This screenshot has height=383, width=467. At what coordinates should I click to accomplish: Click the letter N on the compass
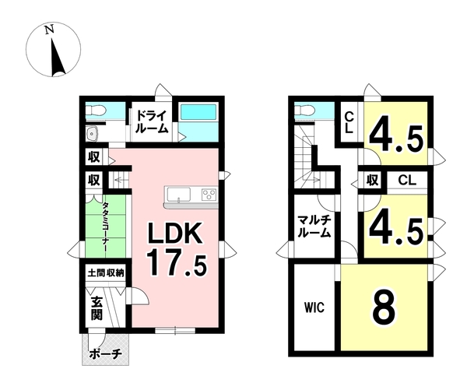click(x=50, y=30)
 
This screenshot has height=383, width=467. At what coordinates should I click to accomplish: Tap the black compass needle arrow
click(x=57, y=58)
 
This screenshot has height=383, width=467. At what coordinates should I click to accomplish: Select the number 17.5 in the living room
click(x=177, y=262)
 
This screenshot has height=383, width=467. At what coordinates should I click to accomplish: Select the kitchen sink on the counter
click(x=179, y=195)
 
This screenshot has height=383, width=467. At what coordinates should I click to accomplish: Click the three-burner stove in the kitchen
click(x=209, y=195)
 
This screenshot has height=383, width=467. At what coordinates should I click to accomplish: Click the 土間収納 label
click(x=106, y=273)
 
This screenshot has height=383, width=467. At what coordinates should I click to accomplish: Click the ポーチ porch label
click(x=106, y=354)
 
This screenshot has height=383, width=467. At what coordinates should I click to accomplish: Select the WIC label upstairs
click(x=314, y=307)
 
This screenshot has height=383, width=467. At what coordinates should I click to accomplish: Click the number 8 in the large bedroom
click(x=384, y=307)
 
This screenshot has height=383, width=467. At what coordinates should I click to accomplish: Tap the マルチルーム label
click(x=314, y=227)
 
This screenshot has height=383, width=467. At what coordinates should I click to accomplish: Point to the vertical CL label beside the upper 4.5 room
click(x=349, y=122)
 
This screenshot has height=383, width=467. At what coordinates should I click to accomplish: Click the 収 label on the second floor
click(x=373, y=180)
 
